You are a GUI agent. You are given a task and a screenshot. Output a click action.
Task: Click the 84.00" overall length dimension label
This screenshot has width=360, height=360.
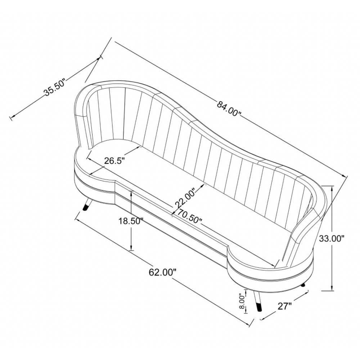pos(229,108)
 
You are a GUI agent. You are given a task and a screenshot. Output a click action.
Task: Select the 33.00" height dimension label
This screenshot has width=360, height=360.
pos(332,239)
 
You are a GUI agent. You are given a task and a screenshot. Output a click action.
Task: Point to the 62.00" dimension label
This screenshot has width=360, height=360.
pos(163,272)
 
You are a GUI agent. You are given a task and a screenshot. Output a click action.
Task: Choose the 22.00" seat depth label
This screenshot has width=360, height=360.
pos(185,198)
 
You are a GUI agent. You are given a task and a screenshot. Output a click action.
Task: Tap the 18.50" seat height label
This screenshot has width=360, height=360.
pos(131,221)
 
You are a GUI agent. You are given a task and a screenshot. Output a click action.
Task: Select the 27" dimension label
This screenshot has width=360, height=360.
pos(285,306)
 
